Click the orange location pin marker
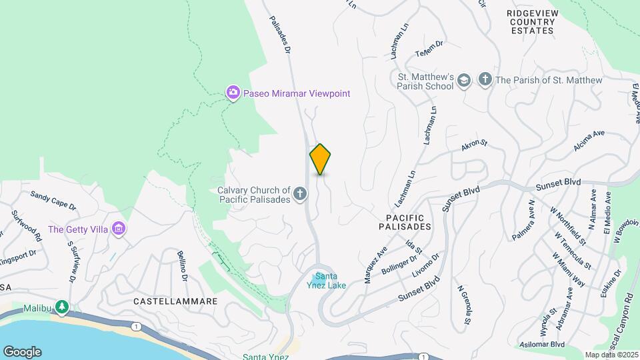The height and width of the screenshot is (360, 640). click(x=320, y=159)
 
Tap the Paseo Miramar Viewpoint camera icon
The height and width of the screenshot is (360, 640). click(x=233, y=93)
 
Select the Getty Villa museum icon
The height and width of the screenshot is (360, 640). click(x=119, y=229)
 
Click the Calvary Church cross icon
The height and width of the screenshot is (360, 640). click(x=301, y=194)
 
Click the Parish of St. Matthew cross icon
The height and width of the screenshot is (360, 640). click(x=485, y=80)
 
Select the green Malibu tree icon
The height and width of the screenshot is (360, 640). click(x=62, y=307)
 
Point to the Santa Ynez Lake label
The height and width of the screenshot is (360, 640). click(x=330, y=281)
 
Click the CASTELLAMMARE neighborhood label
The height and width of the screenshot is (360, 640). click(x=175, y=301)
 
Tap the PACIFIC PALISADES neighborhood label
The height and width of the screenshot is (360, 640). click(x=409, y=222)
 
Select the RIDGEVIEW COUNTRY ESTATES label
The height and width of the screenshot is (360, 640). click(x=531, y=22)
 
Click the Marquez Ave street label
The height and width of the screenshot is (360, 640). click(x=376, y=265)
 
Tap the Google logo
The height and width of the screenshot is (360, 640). click(x=22, y=352)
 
